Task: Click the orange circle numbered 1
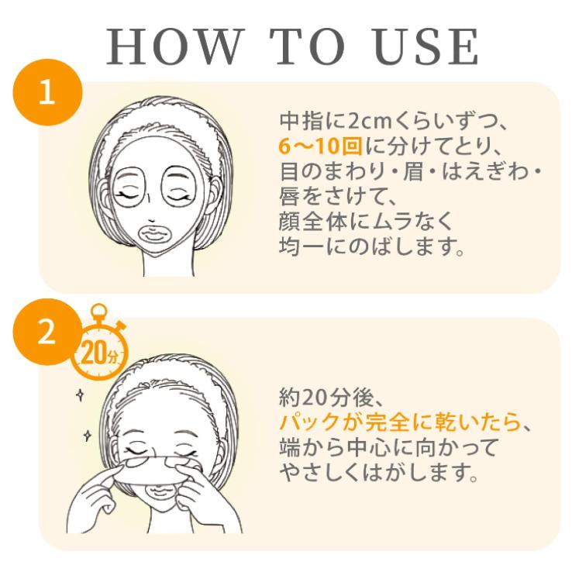click(x=47, y=93)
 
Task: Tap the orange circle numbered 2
click(x=46, y=332)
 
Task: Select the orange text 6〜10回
click(x=320, y=146)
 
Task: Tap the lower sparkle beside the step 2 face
click(x=87, y=436)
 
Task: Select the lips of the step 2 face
click(x=160, y=491)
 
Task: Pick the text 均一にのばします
click(x=371, y=247)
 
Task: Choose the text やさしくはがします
click(x=379, y=473)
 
